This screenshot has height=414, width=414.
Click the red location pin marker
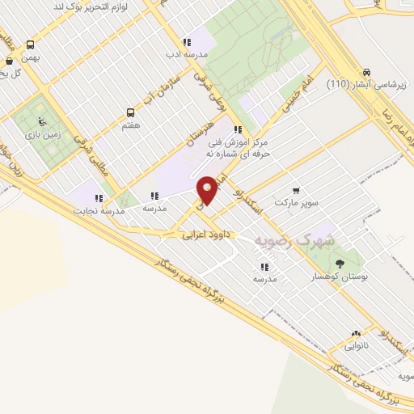tap(208, 190)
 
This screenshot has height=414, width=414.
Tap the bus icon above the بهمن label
tap(31, 45)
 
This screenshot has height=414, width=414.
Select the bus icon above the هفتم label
tap(131, 113)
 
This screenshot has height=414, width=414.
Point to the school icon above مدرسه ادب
tap(187, 42)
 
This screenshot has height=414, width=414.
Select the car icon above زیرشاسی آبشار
tap(368, 71)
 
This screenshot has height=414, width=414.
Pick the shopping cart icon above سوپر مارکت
tap(296, 191)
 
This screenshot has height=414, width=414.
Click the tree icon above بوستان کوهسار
tap(340, 264)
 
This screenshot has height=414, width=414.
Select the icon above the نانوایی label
tap(356, 333)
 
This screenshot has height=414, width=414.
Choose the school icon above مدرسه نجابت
tap(99, 198)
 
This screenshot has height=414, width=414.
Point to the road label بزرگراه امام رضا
tap(401, 129)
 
